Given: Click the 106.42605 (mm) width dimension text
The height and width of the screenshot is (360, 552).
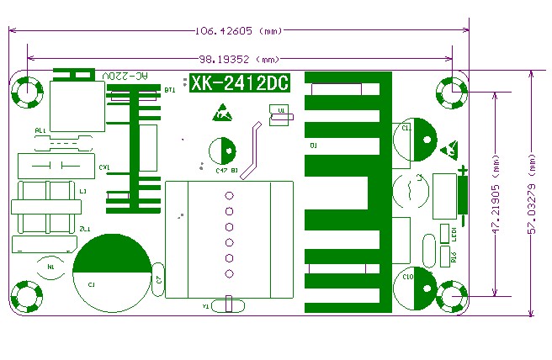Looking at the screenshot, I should [x=238, y=32].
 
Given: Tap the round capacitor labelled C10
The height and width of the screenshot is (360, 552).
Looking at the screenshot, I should [x=416, y=278].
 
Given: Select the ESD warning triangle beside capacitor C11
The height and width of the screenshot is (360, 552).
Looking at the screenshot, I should [x=450, y=151].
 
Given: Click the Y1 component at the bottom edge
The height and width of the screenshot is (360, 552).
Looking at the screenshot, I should [x=224, y=305].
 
